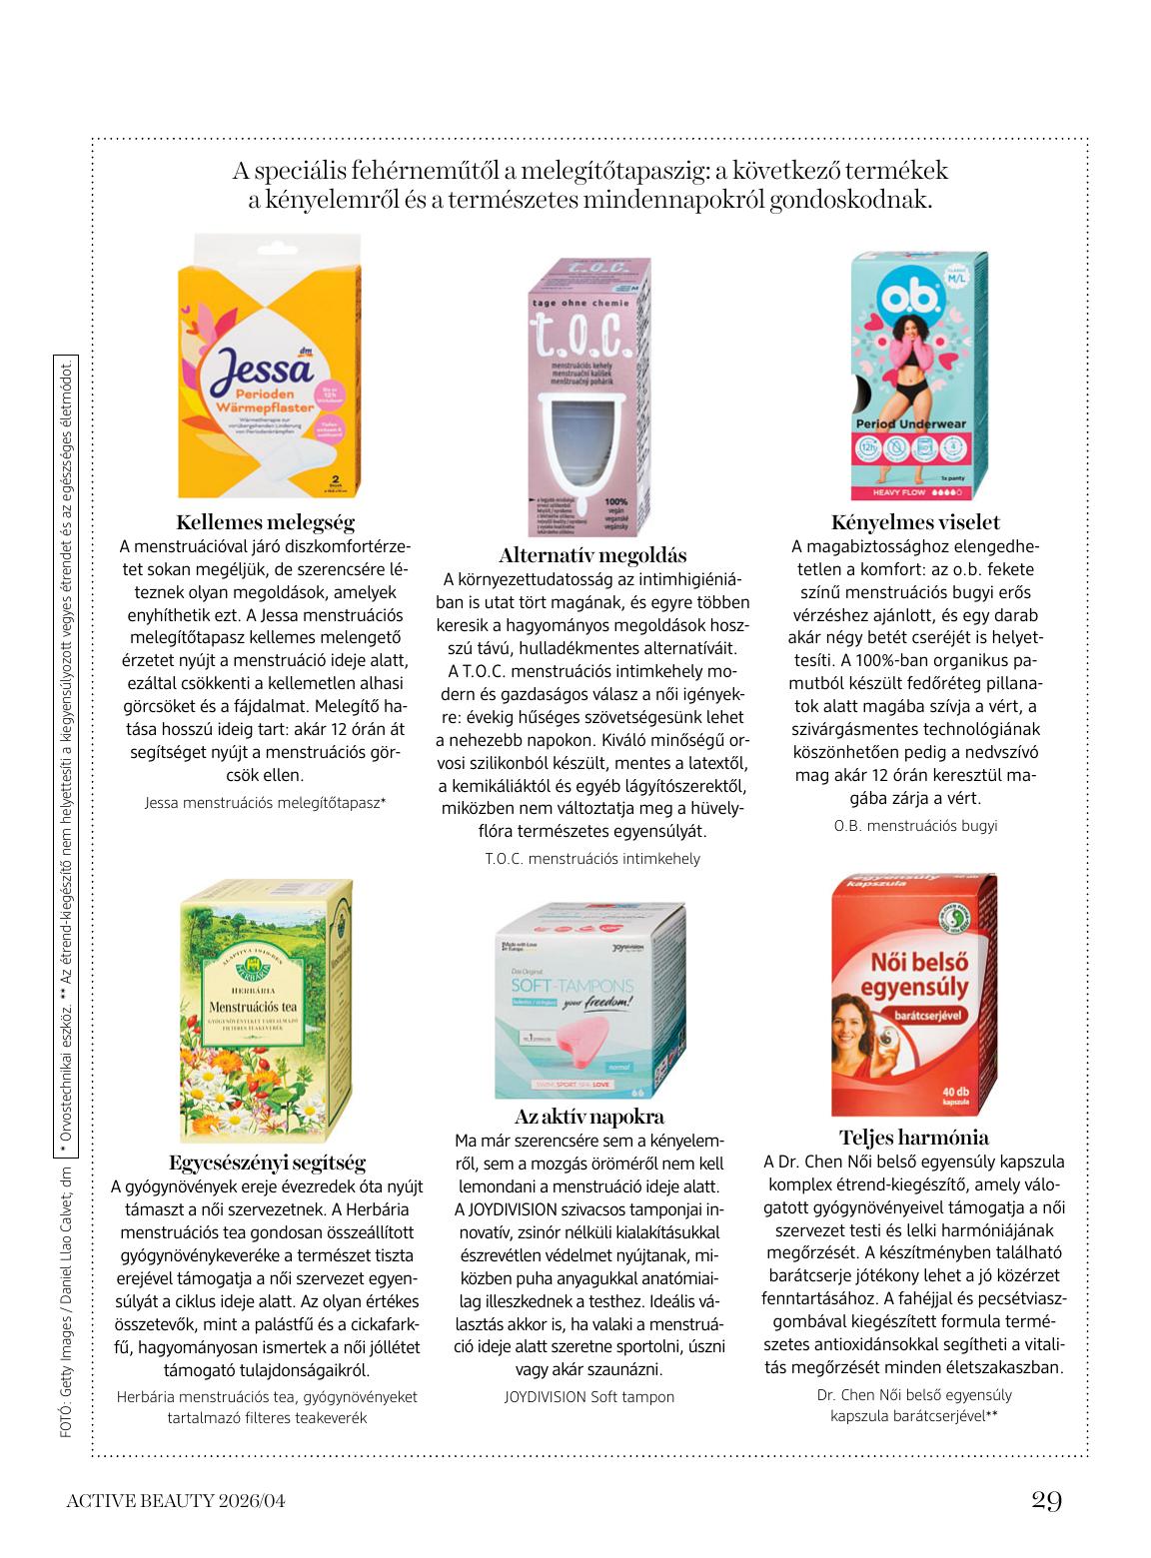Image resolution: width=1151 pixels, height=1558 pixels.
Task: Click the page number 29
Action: [1046, 1501]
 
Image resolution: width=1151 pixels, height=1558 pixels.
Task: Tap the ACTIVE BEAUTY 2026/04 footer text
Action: [181, 1501]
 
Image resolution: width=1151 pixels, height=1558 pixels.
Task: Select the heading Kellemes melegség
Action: [266, 522]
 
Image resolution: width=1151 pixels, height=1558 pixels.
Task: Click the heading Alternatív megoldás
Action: [592, 555]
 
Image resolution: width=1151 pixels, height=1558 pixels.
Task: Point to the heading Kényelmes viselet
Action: [915, 522]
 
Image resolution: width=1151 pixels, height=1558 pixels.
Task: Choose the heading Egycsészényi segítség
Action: [267, 1163]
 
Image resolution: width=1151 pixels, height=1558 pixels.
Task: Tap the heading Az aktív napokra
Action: [589, 1117]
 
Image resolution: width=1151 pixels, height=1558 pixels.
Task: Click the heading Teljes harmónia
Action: [914, 1138]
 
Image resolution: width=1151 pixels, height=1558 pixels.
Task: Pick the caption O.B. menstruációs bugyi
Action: [915, 826]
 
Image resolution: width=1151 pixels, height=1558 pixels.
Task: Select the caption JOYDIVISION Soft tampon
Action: [589, 1396]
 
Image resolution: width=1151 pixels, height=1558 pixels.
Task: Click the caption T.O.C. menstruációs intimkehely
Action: [592, 859]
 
